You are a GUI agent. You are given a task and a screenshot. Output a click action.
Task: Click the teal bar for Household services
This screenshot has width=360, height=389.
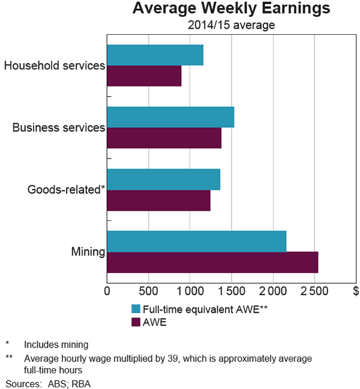coord(155,55)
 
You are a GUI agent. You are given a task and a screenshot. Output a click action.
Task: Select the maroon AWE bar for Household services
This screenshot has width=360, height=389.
coord(144,76)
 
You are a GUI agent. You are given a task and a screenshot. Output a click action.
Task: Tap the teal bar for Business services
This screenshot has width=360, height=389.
coord(170,117)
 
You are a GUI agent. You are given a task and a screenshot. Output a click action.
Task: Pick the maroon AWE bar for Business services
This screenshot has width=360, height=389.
coord(164,137)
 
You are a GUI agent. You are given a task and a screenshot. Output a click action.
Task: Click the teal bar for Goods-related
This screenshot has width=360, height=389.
coord(163,179)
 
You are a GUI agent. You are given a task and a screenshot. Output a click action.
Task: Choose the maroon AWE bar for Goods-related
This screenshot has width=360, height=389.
coord(158,200)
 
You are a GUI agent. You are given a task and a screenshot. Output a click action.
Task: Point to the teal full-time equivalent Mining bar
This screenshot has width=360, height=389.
coord(196,241)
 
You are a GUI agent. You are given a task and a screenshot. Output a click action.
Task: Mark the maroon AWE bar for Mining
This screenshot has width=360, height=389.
coord(212,262)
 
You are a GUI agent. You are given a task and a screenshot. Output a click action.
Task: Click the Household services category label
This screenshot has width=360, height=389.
coord(55,65)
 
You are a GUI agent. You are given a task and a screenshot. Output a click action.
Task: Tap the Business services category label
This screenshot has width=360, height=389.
coord(59,127)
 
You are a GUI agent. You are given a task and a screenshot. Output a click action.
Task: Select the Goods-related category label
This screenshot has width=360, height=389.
coord(66,190)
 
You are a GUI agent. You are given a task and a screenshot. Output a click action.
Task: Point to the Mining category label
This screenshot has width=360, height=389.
coord(88,252)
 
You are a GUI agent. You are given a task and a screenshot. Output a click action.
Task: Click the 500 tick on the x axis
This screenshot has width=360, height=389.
coord(148,291)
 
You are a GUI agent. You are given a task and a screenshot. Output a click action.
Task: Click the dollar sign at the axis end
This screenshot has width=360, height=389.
coord(355,291)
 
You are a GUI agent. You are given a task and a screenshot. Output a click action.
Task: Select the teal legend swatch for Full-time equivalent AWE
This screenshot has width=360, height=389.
coord(136,309)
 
